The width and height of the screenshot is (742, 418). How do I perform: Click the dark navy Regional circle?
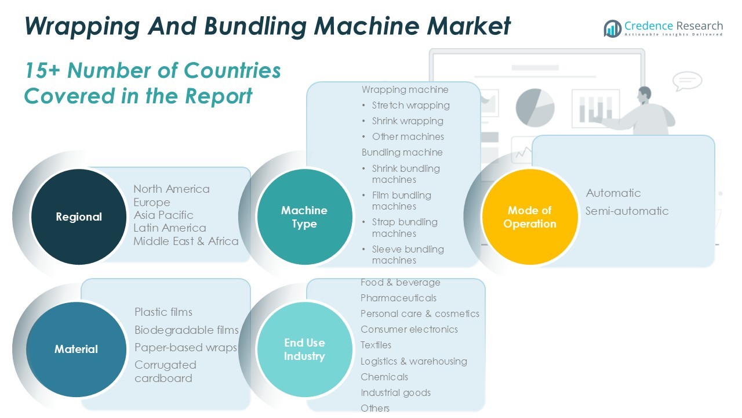79,217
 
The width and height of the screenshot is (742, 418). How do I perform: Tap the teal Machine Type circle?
304,217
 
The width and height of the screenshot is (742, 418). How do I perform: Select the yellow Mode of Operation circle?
530,217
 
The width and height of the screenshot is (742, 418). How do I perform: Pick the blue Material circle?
76,349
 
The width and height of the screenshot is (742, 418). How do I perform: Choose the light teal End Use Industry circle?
304,349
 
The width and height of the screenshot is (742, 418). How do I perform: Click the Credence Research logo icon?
612,28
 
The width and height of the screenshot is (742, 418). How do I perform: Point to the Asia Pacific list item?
163,215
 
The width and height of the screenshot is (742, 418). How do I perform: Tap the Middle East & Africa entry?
185,241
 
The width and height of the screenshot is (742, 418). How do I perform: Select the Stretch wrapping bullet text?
410,105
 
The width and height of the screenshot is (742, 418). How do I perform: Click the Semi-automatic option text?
627,211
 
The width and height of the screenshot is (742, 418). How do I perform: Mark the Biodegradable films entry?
186,330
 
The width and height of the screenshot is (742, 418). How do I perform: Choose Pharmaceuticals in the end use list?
398,298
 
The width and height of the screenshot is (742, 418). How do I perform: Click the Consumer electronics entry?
409,329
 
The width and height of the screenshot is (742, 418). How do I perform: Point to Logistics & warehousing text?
413,361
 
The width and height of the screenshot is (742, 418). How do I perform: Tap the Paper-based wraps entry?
185,347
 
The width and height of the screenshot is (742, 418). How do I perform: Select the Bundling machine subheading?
402,152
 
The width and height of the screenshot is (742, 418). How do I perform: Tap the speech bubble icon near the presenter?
688,81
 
